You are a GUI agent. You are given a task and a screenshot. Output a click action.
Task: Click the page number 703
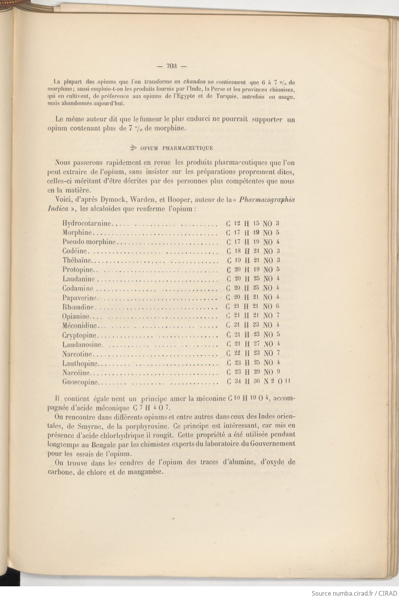pyautogui.click(x=171, y=66)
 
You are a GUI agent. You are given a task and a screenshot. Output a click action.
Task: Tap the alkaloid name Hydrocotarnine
pyautogui.click(x=87, y=224)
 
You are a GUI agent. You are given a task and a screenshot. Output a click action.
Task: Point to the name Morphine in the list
pyautogui.click(x=77, y=233)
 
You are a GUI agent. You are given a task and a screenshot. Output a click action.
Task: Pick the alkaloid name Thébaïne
pyautogui.click(x=77, y=260)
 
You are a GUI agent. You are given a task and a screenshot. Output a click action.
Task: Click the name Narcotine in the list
pyautogui.click(x=78, y=354)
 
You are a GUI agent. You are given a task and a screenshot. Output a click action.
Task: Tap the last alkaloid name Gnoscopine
pyautogui.click(x=80, y=382)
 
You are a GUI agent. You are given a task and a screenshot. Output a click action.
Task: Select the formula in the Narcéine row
pyautogui.click(x=253, y=372)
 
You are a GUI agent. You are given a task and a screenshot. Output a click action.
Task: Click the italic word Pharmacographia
pyautogui.click(x=267, y=200)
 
